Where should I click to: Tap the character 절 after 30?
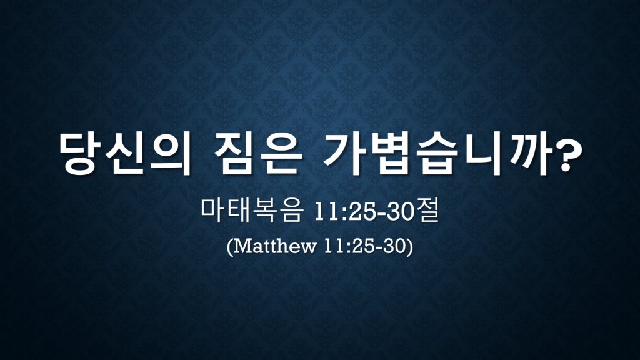point(427,211)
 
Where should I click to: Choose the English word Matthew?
point(275,246)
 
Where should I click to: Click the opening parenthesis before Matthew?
point(230,247)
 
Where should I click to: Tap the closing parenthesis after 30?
point(410,247)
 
